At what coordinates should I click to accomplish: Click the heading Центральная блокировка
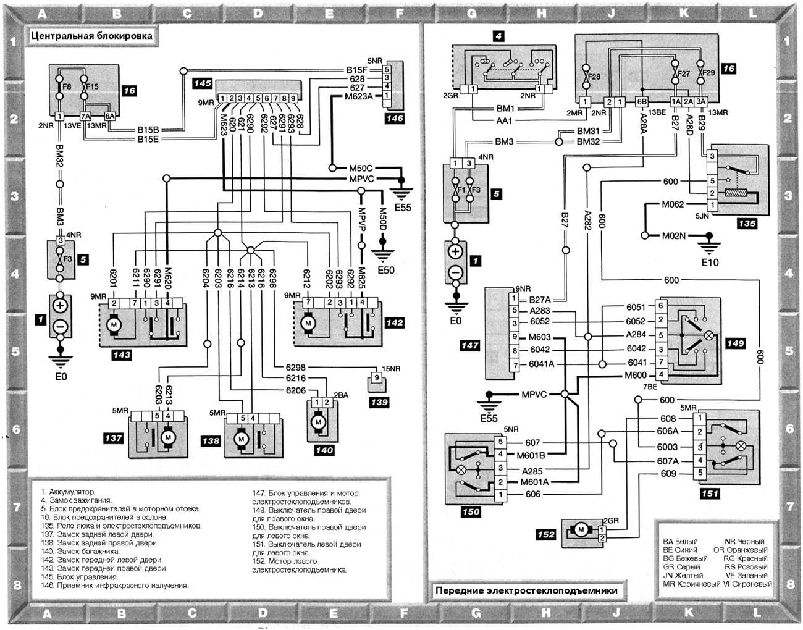(91, 36)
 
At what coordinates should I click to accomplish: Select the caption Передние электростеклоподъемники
(526, 590)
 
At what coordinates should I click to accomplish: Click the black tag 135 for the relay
(747, 223)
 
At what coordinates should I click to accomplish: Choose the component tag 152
(545, 534)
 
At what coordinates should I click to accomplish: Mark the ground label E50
(385, 270)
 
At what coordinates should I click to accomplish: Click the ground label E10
(710, 262)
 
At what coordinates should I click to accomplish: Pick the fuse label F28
(594, 77)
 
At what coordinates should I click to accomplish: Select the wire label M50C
(361, 168)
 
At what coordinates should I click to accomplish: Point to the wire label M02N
(673, 235)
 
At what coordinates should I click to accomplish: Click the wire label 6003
(667, 447)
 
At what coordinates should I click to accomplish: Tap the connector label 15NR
(391, 369)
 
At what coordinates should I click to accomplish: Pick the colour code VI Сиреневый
(748, 584)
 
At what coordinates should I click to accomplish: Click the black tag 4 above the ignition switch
(498, 36)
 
